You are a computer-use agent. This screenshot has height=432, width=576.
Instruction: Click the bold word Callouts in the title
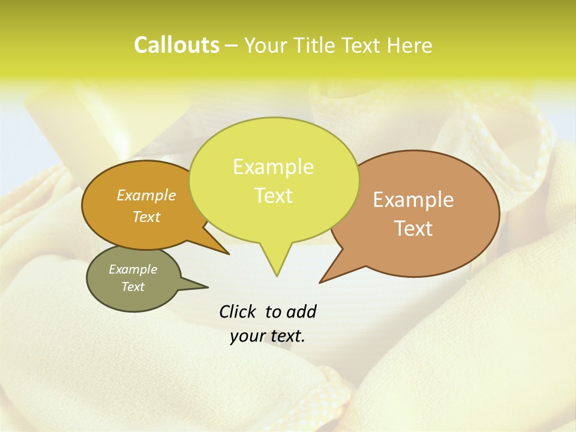[176, 45]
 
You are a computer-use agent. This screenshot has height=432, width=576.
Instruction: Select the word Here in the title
[409, 45]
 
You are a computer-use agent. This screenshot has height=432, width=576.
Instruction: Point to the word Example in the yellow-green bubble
[273, 167]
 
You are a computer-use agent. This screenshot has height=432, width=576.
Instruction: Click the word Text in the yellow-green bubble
[273, 196]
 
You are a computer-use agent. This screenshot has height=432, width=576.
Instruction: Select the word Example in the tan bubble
[413, 200]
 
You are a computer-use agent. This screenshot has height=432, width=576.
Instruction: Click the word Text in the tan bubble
[413, 229]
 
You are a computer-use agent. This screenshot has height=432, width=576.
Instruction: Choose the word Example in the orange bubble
[146, 195]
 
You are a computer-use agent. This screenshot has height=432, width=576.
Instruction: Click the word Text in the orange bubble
[146, 217]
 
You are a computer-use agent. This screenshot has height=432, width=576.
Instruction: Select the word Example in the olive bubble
[133, 269]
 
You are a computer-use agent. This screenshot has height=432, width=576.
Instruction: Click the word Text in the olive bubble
[133, 287]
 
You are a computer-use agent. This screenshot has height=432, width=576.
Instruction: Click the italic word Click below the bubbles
[238, 312]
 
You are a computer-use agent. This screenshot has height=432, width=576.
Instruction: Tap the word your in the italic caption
[246, 337]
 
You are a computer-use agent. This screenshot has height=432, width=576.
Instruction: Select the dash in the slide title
[231, 45]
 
